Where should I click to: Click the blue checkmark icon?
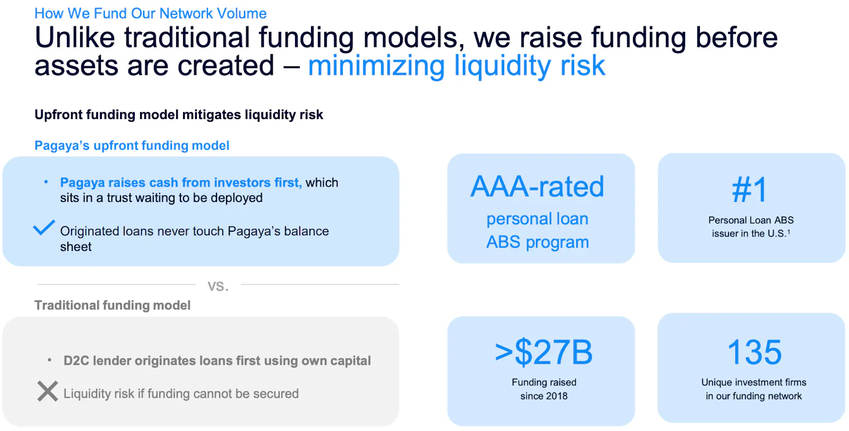coord(44,227)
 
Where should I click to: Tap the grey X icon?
coord(48,391)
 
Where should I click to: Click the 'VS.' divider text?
coord(218,286)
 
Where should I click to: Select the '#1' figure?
coord(750,190)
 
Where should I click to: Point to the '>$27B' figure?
coord(543,352)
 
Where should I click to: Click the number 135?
coord(754,352)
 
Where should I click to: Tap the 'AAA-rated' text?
coord(537,187)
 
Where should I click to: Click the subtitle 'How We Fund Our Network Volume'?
coord(151,13)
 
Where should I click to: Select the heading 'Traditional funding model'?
coord(112,305)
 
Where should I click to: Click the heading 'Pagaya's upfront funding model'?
coord(132,146)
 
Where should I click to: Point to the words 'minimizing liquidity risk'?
coord(456,66)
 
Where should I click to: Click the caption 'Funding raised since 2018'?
coord(544,389)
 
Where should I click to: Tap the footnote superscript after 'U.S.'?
coord(789,231)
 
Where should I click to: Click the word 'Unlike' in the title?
coord(75,37)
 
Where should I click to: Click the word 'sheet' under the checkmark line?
coord(76,247)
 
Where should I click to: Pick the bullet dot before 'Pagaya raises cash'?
coord(46,182)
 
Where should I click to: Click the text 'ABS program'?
coord(538,242)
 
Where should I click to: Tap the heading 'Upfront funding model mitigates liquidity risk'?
coord(179,115)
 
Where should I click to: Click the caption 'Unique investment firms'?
coord(754,382)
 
